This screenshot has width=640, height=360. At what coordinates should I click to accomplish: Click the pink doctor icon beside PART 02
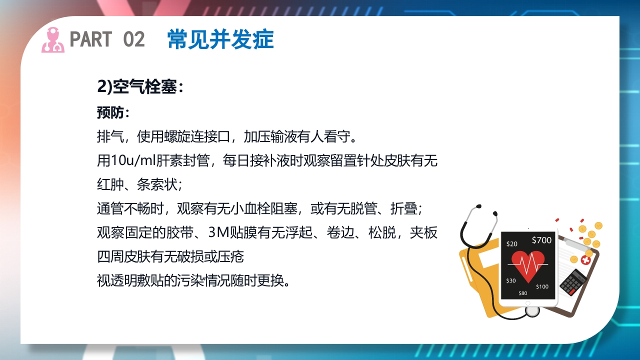[52, 39]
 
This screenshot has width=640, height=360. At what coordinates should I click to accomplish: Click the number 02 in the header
[133, 39]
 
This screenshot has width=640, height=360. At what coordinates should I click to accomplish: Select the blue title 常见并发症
[220, 39]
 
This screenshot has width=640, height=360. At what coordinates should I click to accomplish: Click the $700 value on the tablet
[541, 240]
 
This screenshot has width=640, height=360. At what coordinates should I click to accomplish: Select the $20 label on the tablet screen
[512, 244]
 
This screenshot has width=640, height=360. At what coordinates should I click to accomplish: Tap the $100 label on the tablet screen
[542, 287]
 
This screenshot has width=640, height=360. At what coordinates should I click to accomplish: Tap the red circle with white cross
[585, 260]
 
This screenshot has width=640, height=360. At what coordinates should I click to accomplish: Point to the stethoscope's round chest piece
[532, 310]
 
